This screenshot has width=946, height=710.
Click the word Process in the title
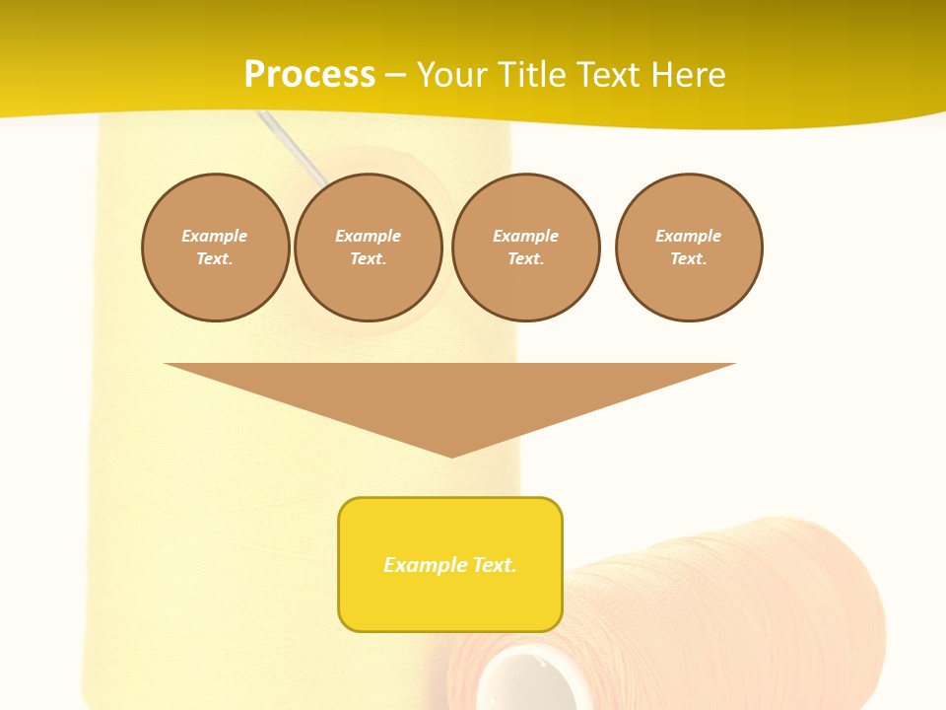[309, 75]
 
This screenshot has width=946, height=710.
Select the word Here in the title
[689, 75]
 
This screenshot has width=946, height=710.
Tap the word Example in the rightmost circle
[689, 236]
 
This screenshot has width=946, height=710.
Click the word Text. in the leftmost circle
[215, 258]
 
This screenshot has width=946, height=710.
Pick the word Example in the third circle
[525, 236]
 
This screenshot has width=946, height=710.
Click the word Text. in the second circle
[369, 258]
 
